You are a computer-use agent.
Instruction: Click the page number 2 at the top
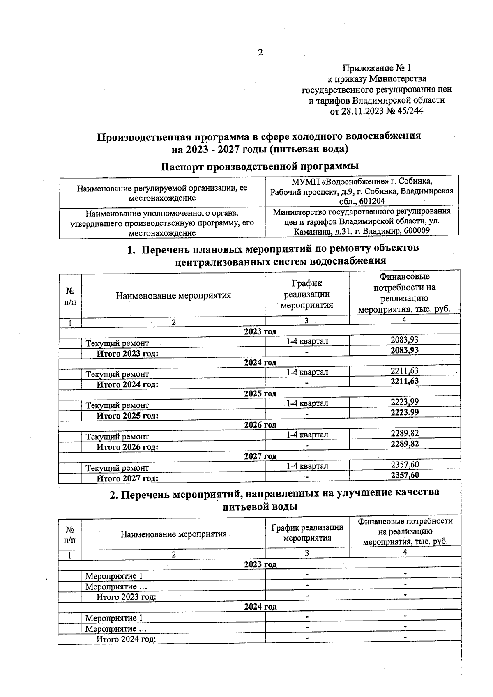point(260,53)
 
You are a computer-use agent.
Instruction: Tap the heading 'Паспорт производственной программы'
point(260,166)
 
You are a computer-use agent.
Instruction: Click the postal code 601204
point(371,202)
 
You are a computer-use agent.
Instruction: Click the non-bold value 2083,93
point(404,340)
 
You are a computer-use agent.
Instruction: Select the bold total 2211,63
point(404,381)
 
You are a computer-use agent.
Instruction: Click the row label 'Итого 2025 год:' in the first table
point(127,416)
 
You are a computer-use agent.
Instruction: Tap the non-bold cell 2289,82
point(404,433)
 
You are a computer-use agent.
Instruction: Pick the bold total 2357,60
point(404,475)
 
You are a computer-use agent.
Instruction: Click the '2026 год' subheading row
point(260,425)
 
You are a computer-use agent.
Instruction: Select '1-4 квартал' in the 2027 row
point(307,466)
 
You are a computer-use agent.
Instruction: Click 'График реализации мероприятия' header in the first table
point(307,294)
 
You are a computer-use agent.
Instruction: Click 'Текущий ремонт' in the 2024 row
point(117,374)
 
